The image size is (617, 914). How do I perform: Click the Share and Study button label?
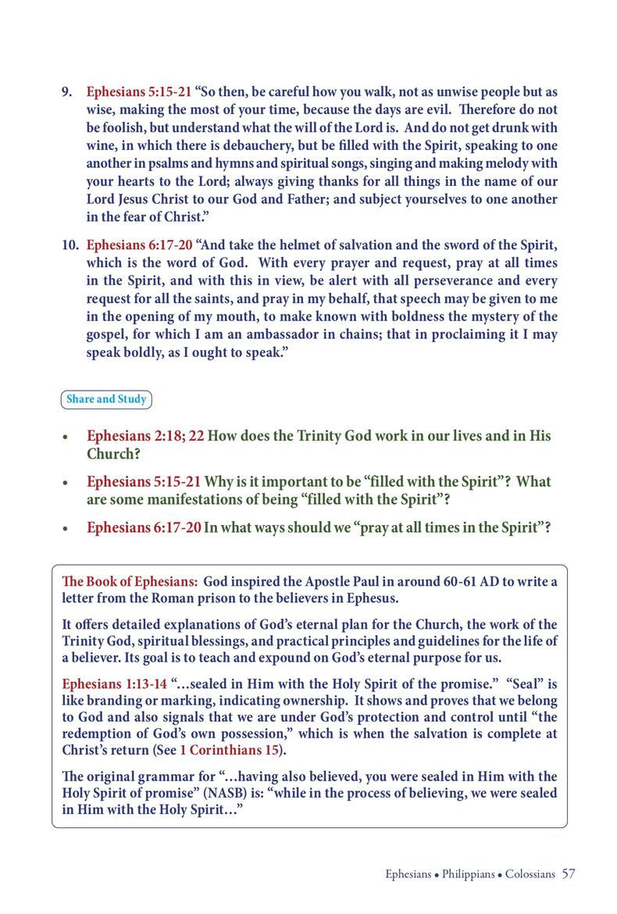pyautogui.click(x=106, y=399)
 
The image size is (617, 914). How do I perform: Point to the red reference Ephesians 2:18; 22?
pyautogui.click(x=145, y=436)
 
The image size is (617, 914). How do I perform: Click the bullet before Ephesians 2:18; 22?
pyautogui.click(x=67, y=437)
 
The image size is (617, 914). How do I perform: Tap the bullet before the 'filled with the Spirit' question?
pyautogui.click(x=67, y=483)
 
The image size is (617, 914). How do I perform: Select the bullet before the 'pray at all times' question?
pyautogui.click(x=67, y=528)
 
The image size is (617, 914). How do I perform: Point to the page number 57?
pyautogui.click(x=568, y=873)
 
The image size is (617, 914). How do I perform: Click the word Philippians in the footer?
pyautogui.click(x=467, y=874)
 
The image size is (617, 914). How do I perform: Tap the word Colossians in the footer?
pyautogui.click(x=530, y=874)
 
